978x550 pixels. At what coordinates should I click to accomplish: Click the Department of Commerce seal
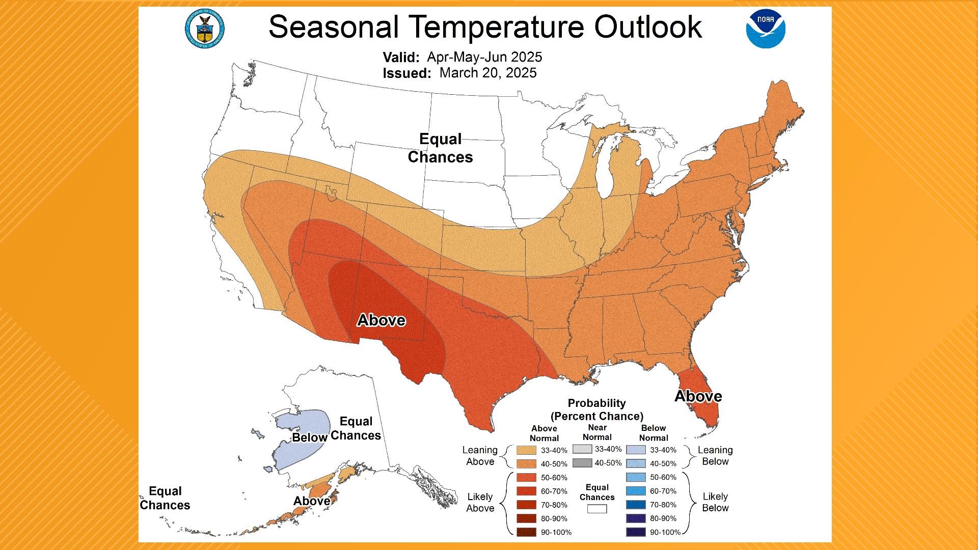point(205,30)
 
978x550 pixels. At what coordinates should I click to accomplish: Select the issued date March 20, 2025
point(487,73)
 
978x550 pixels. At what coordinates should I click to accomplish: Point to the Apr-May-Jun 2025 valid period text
point(484,57)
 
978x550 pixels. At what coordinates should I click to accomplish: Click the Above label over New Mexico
point(381,320)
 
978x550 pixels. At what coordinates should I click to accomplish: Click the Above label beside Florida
point(698,396)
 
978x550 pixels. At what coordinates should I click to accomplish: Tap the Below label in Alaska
point(309,438)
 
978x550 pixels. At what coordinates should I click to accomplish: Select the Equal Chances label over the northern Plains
point(440,148)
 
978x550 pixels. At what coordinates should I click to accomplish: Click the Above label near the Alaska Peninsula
point(311,501)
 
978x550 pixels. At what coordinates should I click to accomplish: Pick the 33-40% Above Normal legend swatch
point(526,450)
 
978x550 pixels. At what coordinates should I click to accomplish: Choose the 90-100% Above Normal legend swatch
point(526,532)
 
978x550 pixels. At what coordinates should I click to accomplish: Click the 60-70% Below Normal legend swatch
point(636,491)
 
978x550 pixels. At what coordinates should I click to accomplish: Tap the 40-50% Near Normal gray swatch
point(582,463)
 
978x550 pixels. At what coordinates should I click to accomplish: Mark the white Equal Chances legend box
point(597,509)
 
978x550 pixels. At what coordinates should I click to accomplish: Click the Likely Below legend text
point(715,502)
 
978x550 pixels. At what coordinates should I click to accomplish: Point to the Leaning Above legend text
point(480,456)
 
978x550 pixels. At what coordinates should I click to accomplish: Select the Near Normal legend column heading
point(597,432)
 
